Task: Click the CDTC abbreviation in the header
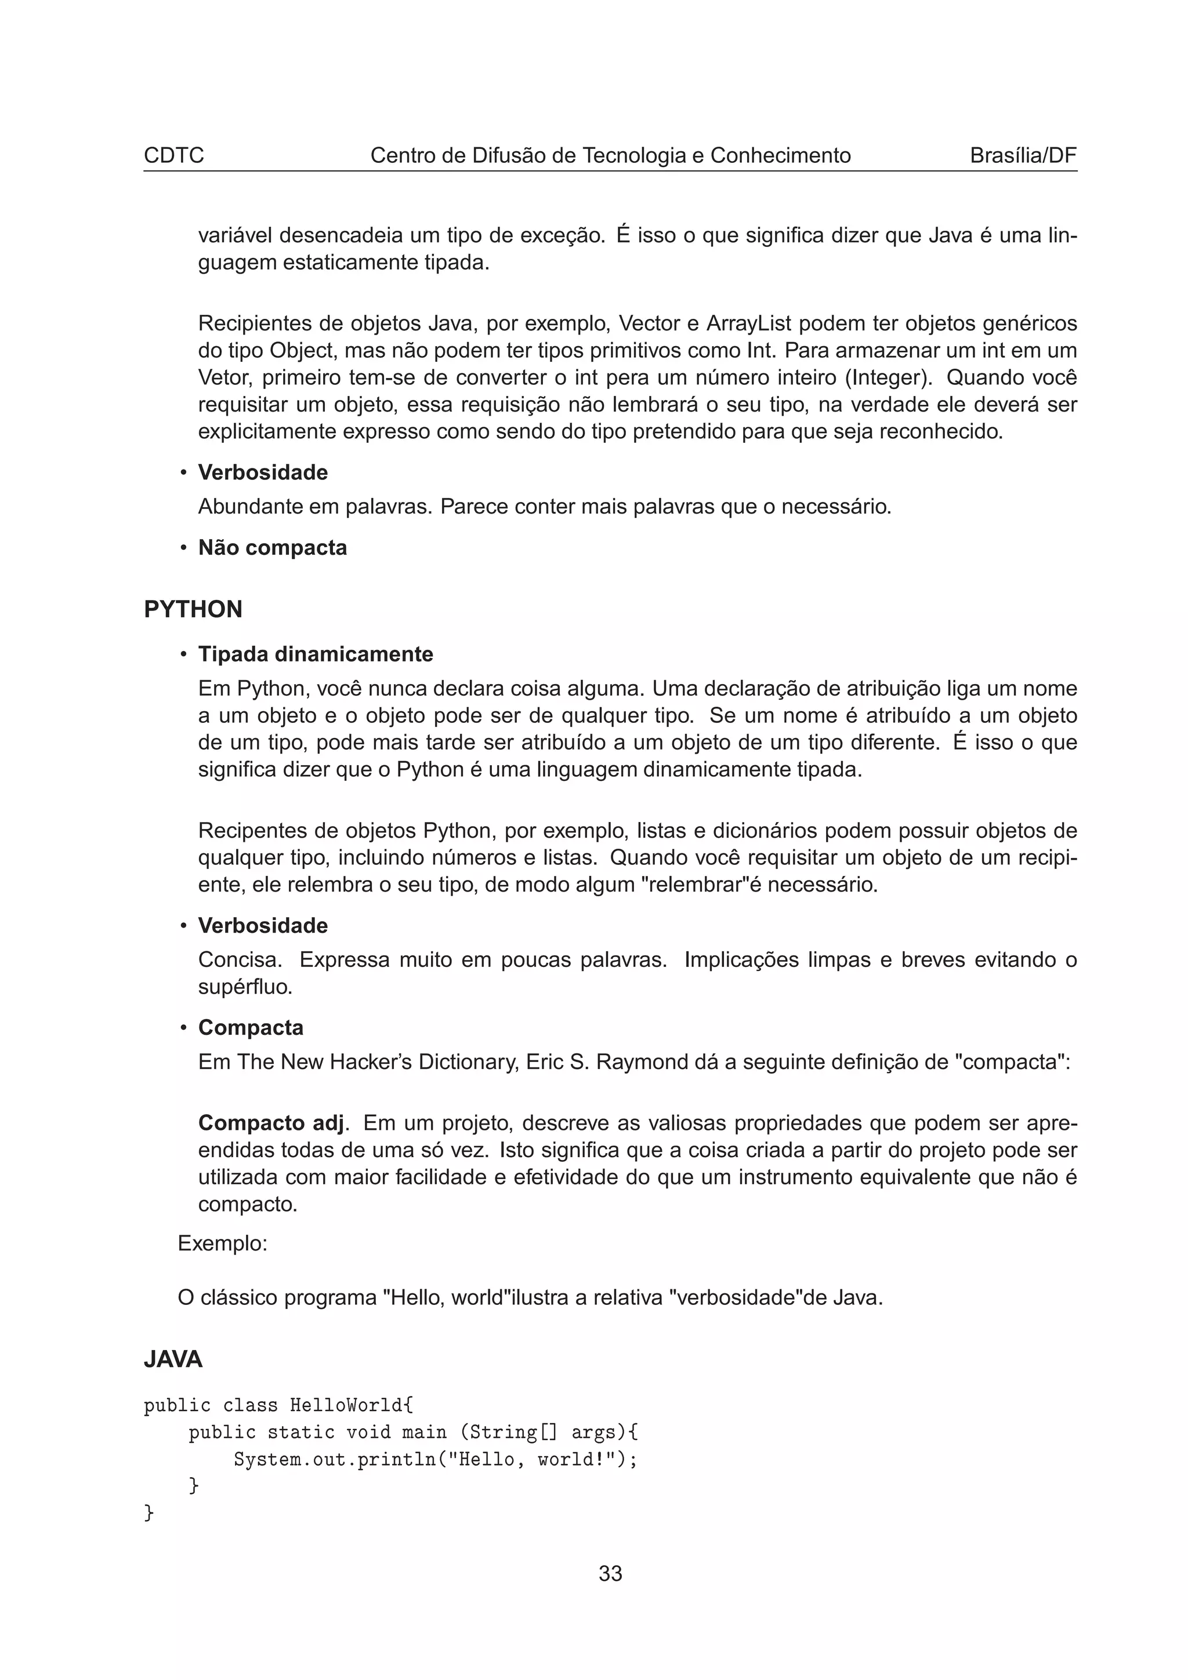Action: [x=173, y=155]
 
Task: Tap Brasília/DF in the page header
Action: [x=1023, y=155]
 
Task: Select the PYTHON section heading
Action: [x=193, y=609]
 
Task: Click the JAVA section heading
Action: [x=173, y=1359]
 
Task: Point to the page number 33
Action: [x=610, y=1573]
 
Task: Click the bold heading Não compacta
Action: [x=272, y=547]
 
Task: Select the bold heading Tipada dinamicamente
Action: [x=316, y=653]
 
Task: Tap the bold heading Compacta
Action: [x=251, y=1027]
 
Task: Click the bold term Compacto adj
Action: [x=271, y=1122]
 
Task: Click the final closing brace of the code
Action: [x=149, y=1512]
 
